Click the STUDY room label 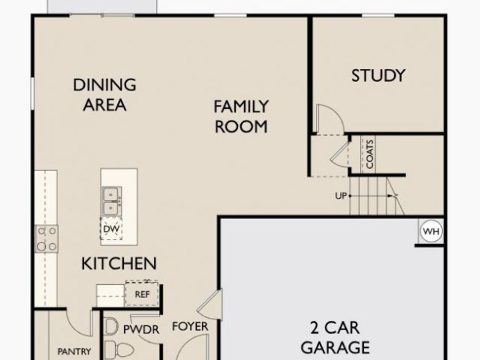click(x=378, y=76)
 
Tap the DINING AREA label click(x=105, y=94)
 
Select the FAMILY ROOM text click(x=241, y=116)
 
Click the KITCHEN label click(x=119, y=263)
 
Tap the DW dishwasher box click(x=111, y=229)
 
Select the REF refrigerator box click(x=142, y=293)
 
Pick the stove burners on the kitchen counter click(x=46, y=238)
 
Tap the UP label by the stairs click(x=341, y=196)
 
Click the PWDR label click(x=141, y=330)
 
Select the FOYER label click(x=190, y=326)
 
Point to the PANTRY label click(x=74, y=351)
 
